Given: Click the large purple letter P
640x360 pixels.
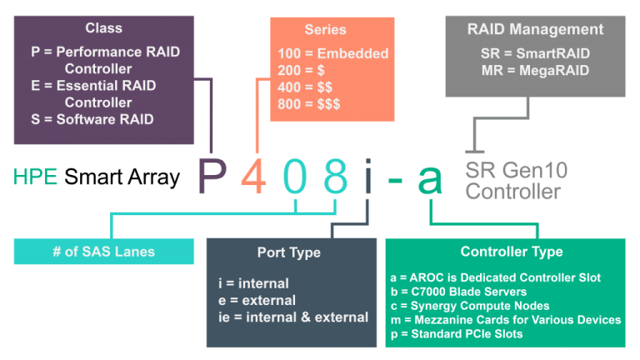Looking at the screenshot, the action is (212, 176).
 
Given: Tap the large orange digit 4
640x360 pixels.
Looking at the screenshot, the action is (254, 176).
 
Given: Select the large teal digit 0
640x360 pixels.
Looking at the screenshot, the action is (295, 176).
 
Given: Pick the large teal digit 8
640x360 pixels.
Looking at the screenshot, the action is (336, 176).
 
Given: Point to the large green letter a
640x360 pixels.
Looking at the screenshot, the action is (430, 180).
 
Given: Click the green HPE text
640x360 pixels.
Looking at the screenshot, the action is (35, 177).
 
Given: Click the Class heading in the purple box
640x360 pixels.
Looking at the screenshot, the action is (103, 28).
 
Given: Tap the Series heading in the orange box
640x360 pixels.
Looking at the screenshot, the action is (325, 29).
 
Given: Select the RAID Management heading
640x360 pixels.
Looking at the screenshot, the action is (535, 29).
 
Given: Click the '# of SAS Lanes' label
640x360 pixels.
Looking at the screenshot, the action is (103, 252).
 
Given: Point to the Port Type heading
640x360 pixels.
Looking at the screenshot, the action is (289, 252).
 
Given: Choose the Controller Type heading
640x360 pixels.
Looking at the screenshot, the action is (512, 252).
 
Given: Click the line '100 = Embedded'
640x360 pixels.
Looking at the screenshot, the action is (333, 53).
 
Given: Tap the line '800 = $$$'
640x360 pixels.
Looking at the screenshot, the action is (309, 104).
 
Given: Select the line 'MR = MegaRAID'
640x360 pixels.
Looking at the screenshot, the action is (535, 71).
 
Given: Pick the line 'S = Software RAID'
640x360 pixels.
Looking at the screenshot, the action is (92, 119).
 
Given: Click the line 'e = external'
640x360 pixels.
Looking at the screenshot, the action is (257, 300).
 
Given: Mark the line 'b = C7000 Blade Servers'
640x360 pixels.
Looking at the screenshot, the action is (458, 292).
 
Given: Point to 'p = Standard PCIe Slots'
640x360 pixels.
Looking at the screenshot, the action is (457, 334).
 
